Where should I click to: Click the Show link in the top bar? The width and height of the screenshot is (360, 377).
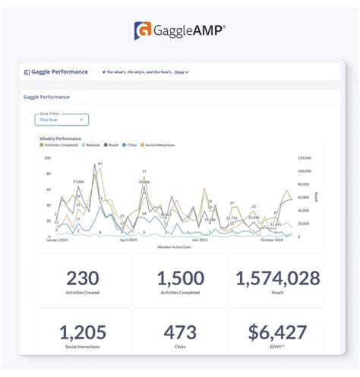[179, 72]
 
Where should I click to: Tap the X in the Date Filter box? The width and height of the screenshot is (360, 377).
[81, 119]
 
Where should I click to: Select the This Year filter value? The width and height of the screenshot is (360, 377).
[49, 119]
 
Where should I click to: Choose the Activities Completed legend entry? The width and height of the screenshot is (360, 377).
[61, 144]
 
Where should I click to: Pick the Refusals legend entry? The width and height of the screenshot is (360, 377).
[92, 144]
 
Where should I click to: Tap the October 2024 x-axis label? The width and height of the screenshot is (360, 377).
[272, 240]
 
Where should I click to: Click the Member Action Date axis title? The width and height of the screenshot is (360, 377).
[175, 247]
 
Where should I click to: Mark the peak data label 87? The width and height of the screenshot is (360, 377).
[100, 164]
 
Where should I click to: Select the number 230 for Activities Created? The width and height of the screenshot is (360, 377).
[83, 278]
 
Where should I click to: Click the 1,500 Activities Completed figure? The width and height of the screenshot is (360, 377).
[179, 278]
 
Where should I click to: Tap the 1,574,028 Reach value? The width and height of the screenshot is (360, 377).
[277, 278]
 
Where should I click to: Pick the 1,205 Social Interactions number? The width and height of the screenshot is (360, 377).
[83, 331]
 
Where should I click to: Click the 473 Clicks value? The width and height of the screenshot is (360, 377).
[179, 331]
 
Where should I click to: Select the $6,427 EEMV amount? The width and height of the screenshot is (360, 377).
[277, 331]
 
